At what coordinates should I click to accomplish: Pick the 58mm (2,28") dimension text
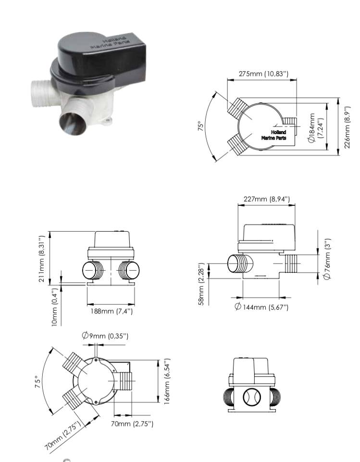(202, 284)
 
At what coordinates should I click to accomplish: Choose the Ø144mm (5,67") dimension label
(261, 307)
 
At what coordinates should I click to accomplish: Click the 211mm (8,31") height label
(42, 259)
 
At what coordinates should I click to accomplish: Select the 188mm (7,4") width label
(112, 311)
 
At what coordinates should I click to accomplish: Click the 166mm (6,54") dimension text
(167, 381)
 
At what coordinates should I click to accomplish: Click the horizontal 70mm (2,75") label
(132, 423)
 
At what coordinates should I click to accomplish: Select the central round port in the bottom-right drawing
(251, 397)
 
